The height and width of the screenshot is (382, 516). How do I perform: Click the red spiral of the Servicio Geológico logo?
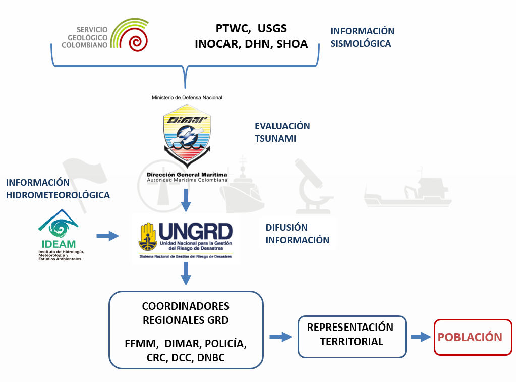138,41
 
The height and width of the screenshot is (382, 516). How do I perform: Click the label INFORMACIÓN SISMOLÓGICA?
362,37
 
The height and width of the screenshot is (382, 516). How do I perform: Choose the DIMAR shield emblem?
187,134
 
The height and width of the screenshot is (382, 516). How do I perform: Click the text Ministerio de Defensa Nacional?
187,97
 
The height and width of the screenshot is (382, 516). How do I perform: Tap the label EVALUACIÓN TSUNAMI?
282,132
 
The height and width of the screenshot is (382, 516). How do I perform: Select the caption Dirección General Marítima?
187,174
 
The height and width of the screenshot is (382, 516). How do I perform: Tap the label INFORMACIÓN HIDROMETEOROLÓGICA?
58,188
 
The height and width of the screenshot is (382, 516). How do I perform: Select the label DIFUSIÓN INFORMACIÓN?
297,234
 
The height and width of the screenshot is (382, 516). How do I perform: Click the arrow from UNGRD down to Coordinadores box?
187,274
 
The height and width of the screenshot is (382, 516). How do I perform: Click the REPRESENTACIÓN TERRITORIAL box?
352,335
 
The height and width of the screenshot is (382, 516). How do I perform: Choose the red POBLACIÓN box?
470,337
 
